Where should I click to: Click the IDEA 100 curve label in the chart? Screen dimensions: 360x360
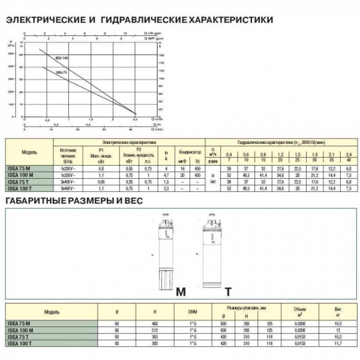(62, 58)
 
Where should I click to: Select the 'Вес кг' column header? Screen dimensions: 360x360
(338, 312)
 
